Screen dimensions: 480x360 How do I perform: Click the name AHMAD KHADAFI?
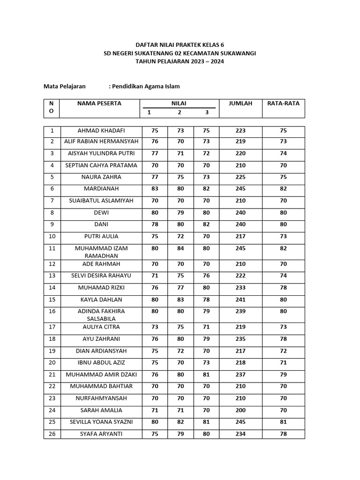[x=101, y=131]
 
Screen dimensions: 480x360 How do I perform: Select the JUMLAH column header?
[x=240, y=104]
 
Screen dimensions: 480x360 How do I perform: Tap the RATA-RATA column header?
[x=283, y=104]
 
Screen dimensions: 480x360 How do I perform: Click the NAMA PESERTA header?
[x=99, y=104]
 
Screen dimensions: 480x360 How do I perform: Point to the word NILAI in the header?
[x=179, y=104]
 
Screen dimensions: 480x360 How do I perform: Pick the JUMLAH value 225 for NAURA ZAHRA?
[x=240, y=177]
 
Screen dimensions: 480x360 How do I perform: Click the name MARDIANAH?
[x=101, y=189]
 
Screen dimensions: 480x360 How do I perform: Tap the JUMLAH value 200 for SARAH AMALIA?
[x=240, y=410]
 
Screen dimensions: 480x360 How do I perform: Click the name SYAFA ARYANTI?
[x=101, y=434]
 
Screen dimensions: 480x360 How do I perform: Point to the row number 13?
[x=52, y=276]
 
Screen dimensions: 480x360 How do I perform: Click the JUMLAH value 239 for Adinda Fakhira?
[x=240, y=311]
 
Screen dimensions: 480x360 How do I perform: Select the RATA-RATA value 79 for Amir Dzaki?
[x=283, y=375]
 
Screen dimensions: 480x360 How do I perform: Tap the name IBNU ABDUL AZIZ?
[x=101, y=363]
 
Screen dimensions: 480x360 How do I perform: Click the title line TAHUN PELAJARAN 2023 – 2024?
[x=180, y=61]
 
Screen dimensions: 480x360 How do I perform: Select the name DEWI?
[x=101, y=213]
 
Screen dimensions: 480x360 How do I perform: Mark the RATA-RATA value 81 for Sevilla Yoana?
[x=283, y=422]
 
